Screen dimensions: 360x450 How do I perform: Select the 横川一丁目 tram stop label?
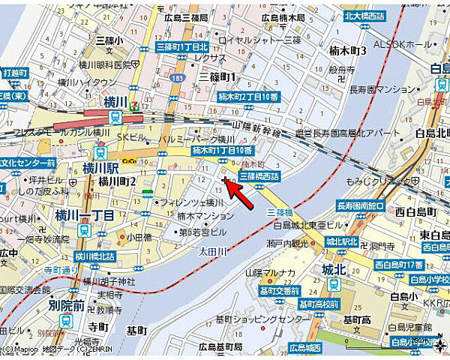[84, 215]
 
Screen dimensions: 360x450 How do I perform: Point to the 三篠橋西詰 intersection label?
[259, 176]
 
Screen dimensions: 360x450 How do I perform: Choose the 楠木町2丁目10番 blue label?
[248, 97]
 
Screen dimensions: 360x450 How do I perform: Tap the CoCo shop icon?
[130, 160]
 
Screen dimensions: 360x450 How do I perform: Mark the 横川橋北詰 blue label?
[94, 257]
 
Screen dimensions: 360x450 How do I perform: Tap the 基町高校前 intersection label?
[319, 304]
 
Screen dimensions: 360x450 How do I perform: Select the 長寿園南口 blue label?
[361, 205]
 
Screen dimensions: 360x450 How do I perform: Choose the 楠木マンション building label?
[206, 216]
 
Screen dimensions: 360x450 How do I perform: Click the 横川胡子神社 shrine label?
[109, 281]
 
